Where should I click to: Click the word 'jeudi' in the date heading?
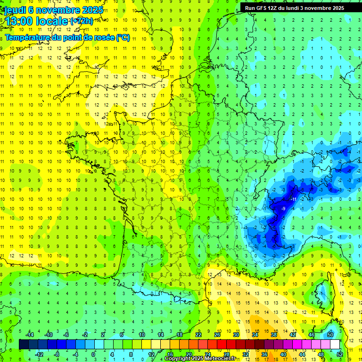15,9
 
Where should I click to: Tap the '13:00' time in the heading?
20,22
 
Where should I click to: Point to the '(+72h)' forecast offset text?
82,21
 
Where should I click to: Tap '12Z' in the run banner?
277,8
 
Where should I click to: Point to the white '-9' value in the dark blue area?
283,208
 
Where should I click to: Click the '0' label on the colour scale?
93,354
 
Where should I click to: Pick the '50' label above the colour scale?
330,335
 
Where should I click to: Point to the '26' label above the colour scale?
217,335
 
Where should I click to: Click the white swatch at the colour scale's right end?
335,344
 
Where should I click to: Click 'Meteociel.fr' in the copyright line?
222,359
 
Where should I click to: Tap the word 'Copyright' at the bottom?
178,359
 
